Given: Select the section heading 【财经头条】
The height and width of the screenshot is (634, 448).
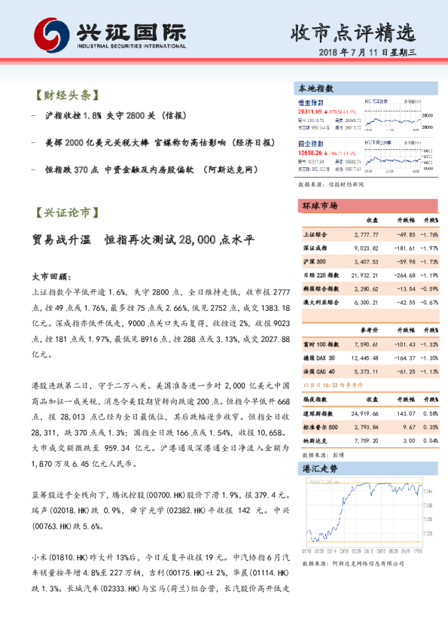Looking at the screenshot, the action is pyautogui.click(x=67, y=96).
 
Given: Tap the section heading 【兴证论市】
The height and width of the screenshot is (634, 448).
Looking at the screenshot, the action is pyautogui.click(x=67, y=214).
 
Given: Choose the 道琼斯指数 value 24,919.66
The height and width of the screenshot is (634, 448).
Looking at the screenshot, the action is pyautogui.click(x=364, y=413).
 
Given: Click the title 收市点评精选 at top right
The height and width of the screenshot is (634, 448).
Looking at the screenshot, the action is pyautogui.click(x=353, y=32).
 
